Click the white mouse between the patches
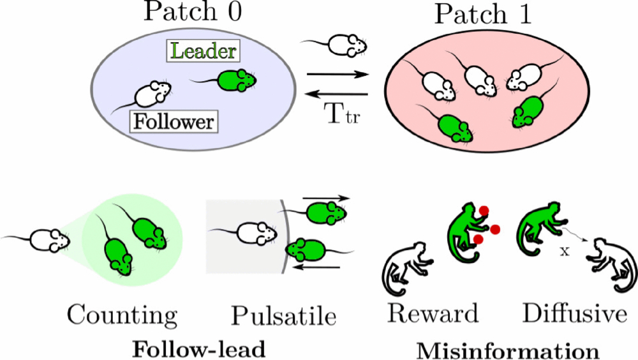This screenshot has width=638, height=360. pos(345,44)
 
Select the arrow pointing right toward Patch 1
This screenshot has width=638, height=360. pos(338,74)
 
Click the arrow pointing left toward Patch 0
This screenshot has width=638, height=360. pos(338,94)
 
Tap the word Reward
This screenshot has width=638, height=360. pos(433,313)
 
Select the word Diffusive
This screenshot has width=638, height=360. pos(574,313)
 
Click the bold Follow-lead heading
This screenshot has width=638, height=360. pos(198,349)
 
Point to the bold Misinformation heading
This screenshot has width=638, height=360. pos(508,350)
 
